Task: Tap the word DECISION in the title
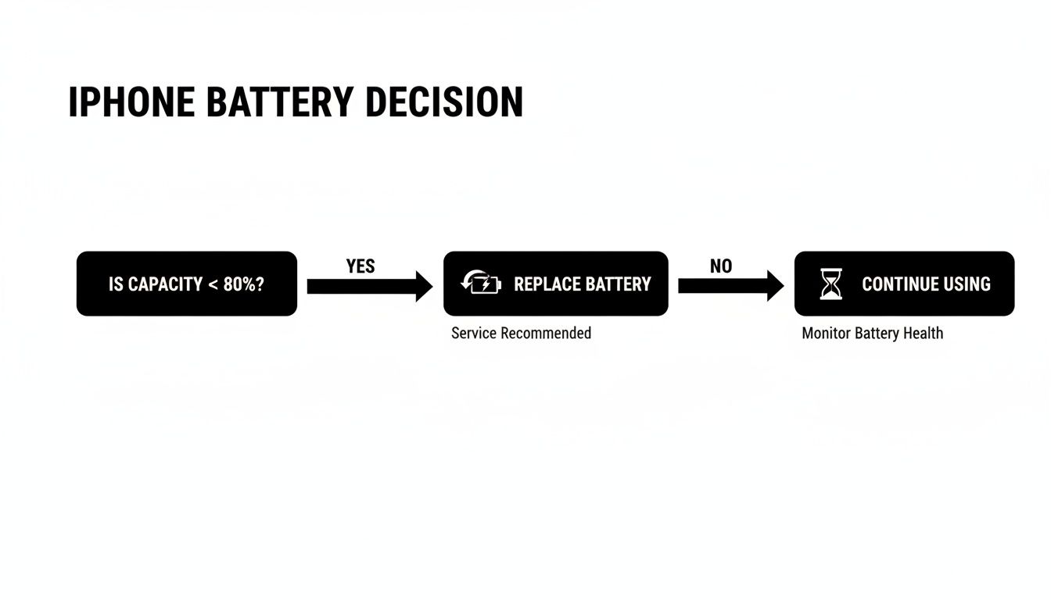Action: pos(443,103)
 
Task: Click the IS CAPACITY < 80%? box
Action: pos(186,284)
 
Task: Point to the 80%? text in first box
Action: pos(243,284)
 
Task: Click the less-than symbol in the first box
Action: pos(213,284)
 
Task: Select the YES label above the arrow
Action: pos(360,266)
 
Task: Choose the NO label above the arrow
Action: pos(721,266)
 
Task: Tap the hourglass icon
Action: pos(830,284)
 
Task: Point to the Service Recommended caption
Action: pos(521,334)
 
